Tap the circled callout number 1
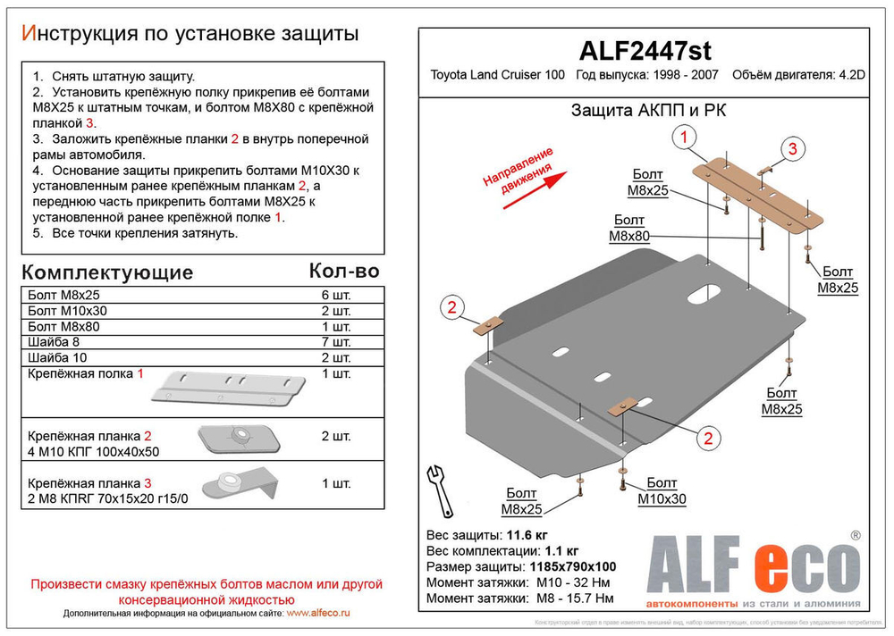pyautogui.click(x=684, y=138)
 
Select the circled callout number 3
pyautogui.click(x=791, y=150)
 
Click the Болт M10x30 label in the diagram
pyautogui.click(x=662, y=492)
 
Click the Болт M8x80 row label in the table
pyautogui.click(x=62, y=326)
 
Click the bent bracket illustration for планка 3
pyautogui.click(x=239, y=483)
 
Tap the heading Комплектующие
pyautogui.click(x=106, y=272)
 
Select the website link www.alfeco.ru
pyautogui.click(x=318, y=614)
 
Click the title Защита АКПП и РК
pyautogui.click(x=642, y=111)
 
